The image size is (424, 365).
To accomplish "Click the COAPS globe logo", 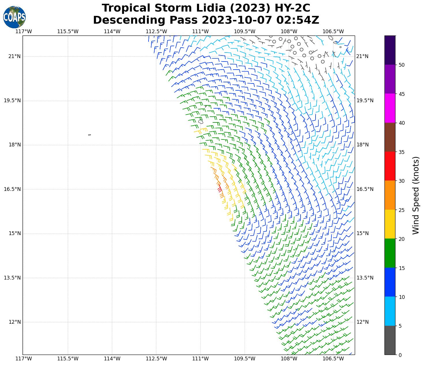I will point(14,17).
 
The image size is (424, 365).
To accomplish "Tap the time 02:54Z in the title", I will point(298,20).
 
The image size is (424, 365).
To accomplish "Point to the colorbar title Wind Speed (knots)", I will point(415,195).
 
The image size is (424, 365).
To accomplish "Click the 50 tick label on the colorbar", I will point(401,65).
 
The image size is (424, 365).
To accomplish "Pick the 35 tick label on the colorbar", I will point(401,152).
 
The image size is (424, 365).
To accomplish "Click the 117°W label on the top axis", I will point(24,31).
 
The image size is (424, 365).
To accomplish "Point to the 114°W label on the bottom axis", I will point(112,359).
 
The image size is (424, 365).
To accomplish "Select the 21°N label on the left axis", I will point(14,56).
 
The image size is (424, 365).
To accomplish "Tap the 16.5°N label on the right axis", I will point(365,189).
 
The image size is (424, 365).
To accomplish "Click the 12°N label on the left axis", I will point(14,322).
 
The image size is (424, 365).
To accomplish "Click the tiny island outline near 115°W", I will point(89,135).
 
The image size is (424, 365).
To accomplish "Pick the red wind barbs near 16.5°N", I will point(220,189).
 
